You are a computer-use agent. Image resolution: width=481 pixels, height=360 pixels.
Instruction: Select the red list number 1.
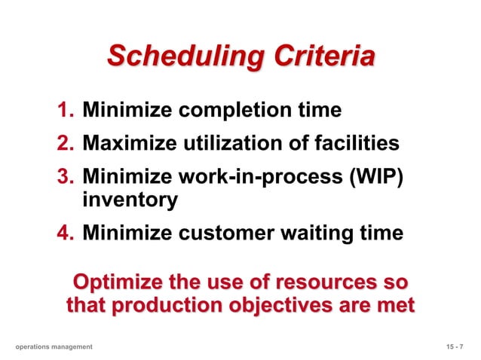[x=65, y=111]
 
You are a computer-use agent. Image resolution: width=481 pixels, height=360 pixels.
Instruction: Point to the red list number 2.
[x=65, y=142]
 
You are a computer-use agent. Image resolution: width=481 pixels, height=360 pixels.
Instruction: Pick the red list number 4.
[x=65, y=233]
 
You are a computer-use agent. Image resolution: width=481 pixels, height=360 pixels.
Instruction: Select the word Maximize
[x=126, y=142]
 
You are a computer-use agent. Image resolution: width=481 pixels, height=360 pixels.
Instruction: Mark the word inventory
[x=130, y=201]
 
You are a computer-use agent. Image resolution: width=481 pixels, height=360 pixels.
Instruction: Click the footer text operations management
[x=54, y=346]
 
